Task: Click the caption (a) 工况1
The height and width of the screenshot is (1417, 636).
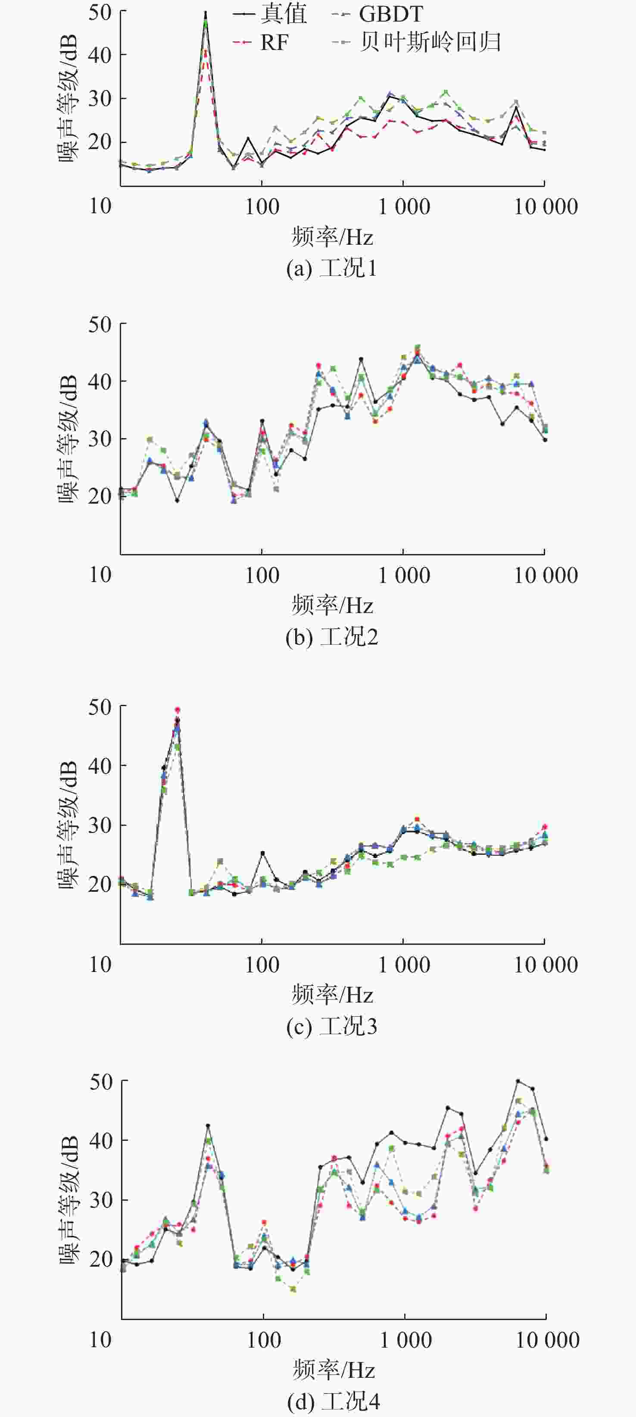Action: [x=332, y=268]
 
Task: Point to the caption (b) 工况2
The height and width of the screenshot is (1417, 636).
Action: [x=332, y=637]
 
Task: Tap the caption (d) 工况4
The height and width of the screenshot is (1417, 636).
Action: [x=334, y=1401]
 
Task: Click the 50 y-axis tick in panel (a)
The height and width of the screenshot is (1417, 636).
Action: [x=100, y=12]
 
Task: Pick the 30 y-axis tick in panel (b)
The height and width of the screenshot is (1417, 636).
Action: [x=100, y=439]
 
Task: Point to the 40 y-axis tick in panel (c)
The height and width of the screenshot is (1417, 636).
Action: [x=100, y=766]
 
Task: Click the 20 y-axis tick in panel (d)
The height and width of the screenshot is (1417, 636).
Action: [x=100, y=1259]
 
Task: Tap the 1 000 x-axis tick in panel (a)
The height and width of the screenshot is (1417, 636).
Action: [x=404, y=207]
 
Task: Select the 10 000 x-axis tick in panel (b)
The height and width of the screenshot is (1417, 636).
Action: [x=545, y=576]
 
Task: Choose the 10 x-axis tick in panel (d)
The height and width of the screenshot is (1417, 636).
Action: [x=101, y=1340]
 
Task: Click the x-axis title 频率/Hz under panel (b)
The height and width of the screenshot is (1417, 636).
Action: [x=332, y=606]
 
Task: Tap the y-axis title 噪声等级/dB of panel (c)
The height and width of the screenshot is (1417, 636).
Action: [x=69, y=825]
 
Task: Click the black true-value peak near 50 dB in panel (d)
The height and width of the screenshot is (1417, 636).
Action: [x=518, y=1081]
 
